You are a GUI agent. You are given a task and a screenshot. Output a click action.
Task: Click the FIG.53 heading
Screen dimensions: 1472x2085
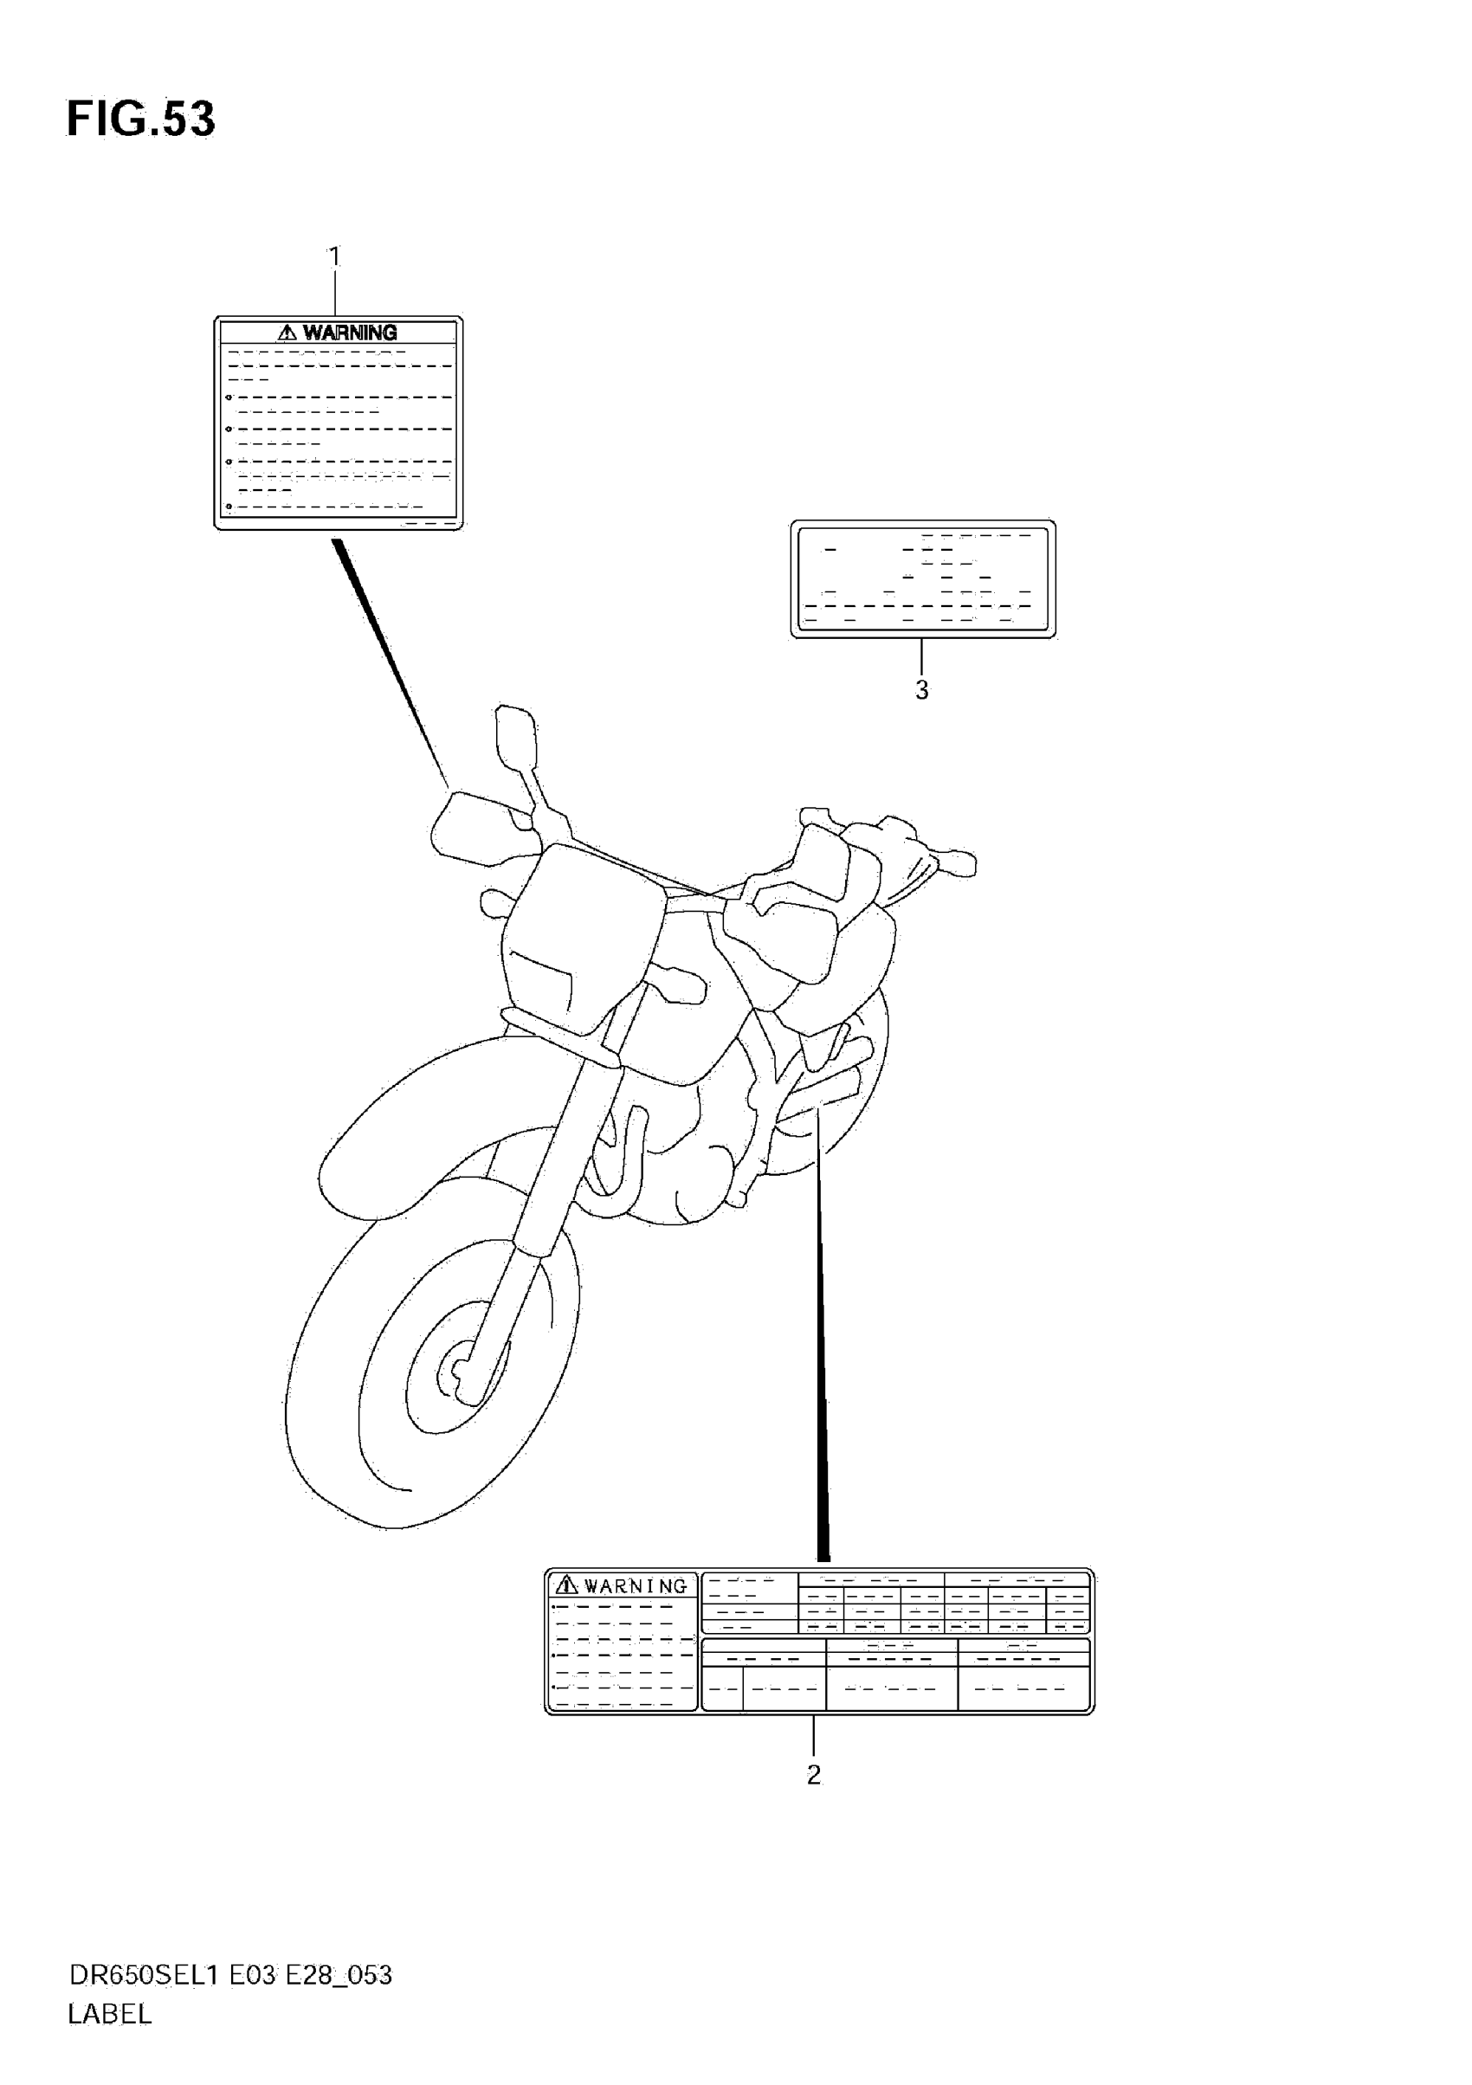coord(141,119)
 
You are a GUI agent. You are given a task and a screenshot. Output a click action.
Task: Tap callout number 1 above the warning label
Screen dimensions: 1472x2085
coord(334,257)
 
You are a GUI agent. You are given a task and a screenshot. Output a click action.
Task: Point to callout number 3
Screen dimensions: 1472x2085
coord(921,690)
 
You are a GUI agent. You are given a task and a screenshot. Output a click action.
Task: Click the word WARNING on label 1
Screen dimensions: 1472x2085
coord(350,332)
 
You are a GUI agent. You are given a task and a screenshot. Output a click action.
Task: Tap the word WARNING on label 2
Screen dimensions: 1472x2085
coord(636,1585)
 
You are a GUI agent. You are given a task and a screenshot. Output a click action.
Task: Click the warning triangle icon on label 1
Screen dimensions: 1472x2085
coord(287,332)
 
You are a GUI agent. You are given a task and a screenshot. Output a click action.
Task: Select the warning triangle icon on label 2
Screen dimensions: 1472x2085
coord(566,1585)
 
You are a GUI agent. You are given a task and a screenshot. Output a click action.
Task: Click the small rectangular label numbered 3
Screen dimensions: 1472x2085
coord(923,578)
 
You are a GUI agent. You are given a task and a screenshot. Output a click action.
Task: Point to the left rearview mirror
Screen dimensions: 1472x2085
coord(514,736)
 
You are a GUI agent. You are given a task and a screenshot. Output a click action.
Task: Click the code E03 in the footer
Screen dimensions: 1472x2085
coord(251,1974)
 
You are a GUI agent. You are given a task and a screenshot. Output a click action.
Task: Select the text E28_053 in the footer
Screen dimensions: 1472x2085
coord(339,1974)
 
